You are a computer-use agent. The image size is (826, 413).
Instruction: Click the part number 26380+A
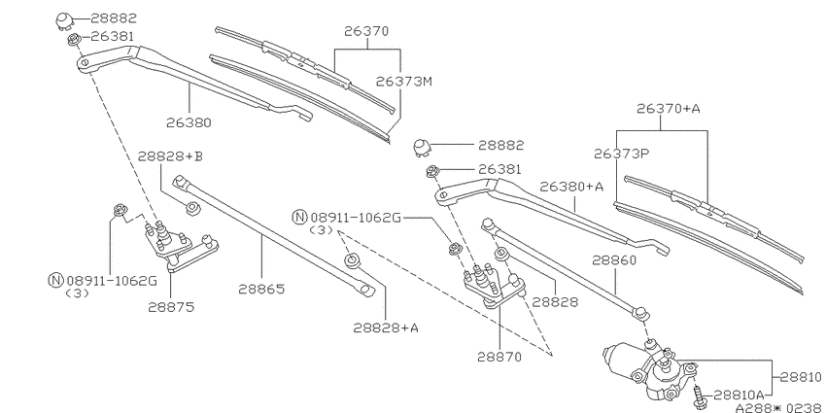(x=571, y=187)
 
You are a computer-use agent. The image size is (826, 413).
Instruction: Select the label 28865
(x=261, y=290)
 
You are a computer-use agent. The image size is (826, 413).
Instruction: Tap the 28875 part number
(x=171, y=307)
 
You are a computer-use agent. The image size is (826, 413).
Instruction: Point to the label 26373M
(x=404, y=82)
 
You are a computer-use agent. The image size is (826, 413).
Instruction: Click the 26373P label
(x=622, y=154)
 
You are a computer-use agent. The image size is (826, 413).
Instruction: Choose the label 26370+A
(x=669, y=109)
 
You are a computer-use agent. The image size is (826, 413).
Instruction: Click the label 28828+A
(x=386, y=327)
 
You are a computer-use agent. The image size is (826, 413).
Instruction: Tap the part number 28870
(x=499, y=357)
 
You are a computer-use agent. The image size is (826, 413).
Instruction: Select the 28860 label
(x=614, y=260)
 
